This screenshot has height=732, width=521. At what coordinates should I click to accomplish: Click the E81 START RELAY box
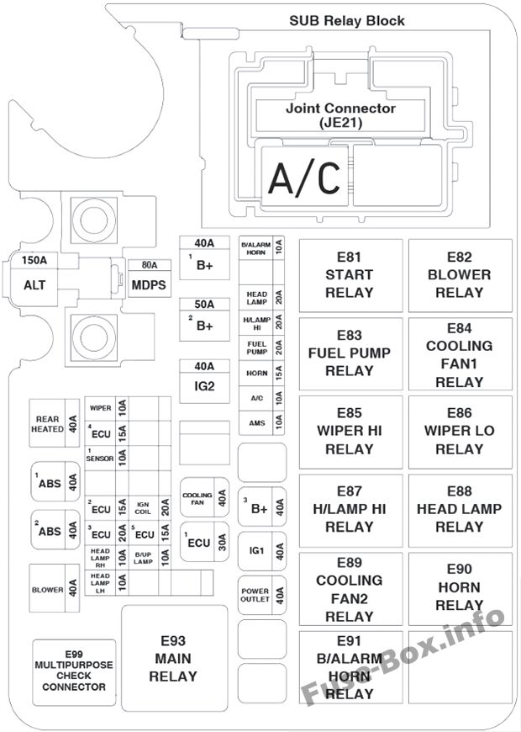click(x=350, y=275)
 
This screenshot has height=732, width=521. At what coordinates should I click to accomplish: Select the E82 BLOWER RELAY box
click(x=460, y=275)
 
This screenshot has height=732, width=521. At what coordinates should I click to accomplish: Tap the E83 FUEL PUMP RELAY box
click(x=350, y=353)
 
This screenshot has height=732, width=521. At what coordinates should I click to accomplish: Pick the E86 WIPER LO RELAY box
click(x=460, y=432)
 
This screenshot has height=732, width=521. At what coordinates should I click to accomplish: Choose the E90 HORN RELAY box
click(x=460, y=588)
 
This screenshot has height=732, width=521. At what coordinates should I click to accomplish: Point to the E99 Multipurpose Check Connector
click(x=74, y=672)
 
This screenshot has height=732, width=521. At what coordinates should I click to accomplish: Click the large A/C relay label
click(x=304, y=177)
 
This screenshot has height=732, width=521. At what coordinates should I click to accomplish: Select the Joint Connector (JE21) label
click(x=340, y=115)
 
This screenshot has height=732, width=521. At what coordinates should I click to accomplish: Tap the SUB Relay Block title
click(x=347, y=21)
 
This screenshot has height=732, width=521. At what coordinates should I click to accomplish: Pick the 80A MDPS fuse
click(x=150, y=278)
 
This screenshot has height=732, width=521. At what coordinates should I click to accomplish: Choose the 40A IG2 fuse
click(x=205, y=381)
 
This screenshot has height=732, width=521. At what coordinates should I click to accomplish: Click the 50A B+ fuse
click(x=205, y=320)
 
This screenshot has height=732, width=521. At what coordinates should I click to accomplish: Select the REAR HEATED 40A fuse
click(x=55, y=423)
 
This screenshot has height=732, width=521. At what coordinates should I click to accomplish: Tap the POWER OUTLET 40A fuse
click(x=262, y=595)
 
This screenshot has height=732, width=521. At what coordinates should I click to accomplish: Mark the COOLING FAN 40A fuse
click(x=204, y=497)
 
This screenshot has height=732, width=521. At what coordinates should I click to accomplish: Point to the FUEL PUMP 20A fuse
click(x=261, y=347)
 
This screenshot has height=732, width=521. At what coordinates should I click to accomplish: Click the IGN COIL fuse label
click(x=143, y=508)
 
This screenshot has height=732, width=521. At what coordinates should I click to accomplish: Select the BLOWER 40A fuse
click(x=55, y=588)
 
